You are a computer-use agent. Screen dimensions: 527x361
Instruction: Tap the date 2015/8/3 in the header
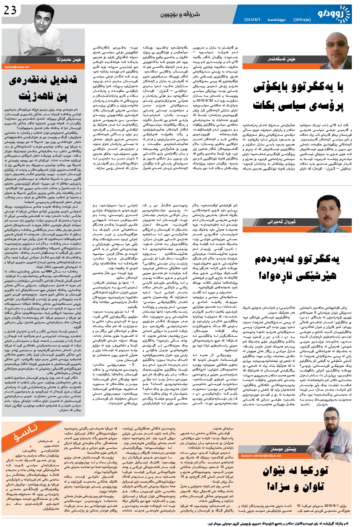(x=252, y=20)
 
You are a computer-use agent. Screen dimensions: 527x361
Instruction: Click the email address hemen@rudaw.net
(x=17, y=67)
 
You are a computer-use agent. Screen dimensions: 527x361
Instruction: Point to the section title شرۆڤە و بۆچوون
(x=180, y=14)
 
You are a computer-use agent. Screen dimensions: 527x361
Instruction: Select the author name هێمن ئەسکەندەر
(x=282, y=59)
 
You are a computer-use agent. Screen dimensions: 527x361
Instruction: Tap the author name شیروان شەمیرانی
(x=282, y=222)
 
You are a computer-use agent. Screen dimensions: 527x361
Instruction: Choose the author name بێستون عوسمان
(x=283, y=449)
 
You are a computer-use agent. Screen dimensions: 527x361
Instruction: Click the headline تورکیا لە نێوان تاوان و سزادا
(x=295, y=479)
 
